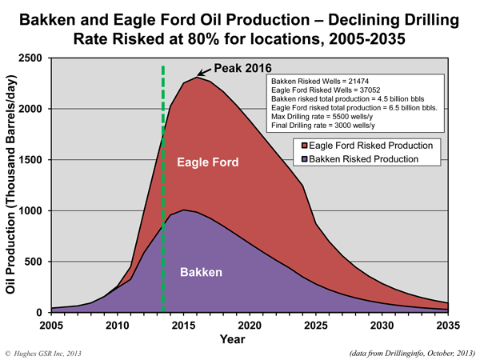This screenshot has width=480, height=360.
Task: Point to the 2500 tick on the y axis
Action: pos(33,58)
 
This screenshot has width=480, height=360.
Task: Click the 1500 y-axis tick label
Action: pos(33,160)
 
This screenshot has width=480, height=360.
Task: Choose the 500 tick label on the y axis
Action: pos(37,262)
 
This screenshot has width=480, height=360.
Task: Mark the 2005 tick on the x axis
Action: pos(51,326)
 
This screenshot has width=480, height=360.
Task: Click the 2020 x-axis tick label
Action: pos(250,326)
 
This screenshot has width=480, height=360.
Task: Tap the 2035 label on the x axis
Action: pos(446,326)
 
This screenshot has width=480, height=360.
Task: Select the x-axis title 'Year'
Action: pos(250,338)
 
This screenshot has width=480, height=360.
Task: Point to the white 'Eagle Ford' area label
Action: pos(207,162)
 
